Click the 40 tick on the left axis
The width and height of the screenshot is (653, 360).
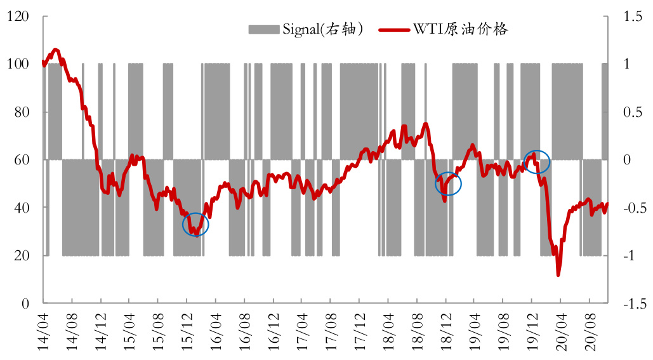25,208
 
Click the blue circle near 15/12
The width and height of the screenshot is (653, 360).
195,225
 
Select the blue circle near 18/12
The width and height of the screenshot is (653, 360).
448,184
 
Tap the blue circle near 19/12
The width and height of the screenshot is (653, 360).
537,162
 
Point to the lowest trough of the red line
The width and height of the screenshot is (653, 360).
558,275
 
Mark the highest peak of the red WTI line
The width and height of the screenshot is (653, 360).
55,50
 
